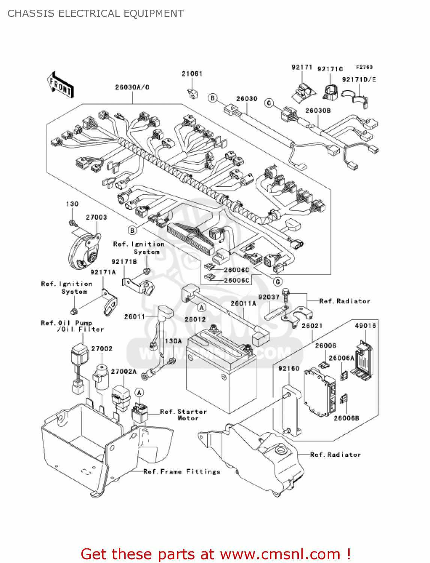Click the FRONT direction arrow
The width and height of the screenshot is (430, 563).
click(x=60, y=85)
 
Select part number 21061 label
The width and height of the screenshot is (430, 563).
click(x=192, y=74)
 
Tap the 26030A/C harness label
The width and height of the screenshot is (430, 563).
click(x=132, y=87)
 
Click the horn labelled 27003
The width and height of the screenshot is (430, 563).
click(x=85, y=250)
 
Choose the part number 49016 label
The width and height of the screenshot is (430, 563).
click(x=365, y=326)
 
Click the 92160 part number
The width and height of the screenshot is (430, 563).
click(x=289, y=369)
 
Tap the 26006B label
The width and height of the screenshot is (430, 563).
click(x=346, y=418)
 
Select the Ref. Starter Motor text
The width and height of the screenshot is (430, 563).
click(x=183, y=415)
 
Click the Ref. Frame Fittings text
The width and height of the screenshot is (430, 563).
click(x=182, y=472)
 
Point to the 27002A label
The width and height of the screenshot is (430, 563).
click(x=124, y=372)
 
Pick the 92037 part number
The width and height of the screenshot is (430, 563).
click(x=269, y=297)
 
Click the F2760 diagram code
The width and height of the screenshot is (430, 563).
click(x=364, y=67)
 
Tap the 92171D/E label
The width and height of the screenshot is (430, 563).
click(x=359, y=80)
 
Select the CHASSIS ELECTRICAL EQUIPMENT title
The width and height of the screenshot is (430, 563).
click(x=96, y=14)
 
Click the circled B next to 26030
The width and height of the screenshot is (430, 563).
click(x=213, y=98)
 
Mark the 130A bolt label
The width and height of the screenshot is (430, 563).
click(x=173, y=341)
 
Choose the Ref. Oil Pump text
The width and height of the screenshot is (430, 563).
click(x=66, y=323)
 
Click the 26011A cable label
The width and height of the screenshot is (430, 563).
click(x=243, y=304)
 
